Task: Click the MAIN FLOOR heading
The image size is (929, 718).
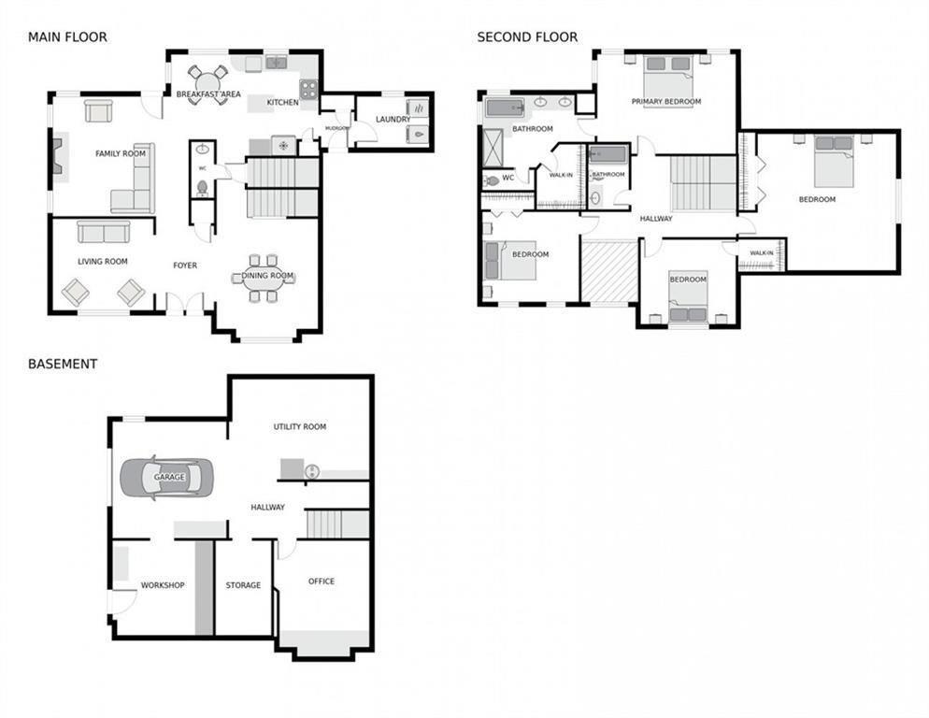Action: [67, 36]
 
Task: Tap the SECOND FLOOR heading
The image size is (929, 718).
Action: [527, 36]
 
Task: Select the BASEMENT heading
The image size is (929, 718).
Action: [63, 364]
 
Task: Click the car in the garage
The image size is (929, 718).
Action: [167, 478]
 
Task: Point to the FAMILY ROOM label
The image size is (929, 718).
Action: [121, 153]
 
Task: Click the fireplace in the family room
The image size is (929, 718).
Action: [59, 156]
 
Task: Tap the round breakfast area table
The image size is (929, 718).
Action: [207, 83]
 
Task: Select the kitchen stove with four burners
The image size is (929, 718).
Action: [308, 89]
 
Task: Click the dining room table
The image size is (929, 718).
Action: [263, 278]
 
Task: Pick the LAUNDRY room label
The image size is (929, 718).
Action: [393, 119]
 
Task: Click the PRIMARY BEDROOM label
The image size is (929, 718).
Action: [666, 101]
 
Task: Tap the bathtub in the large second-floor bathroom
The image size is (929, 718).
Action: [505, 108]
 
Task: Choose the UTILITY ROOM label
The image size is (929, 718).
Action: [300, 426]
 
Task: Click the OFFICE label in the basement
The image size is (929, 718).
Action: [322, 582]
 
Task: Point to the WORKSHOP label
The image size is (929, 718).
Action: [163, 585]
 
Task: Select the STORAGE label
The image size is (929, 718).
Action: [243, 585]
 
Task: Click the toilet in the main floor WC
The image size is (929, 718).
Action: [203, 188]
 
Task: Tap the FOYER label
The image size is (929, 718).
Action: [185, 266]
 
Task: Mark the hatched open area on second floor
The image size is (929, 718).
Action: [609, 271]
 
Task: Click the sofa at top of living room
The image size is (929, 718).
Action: [104, 232]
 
